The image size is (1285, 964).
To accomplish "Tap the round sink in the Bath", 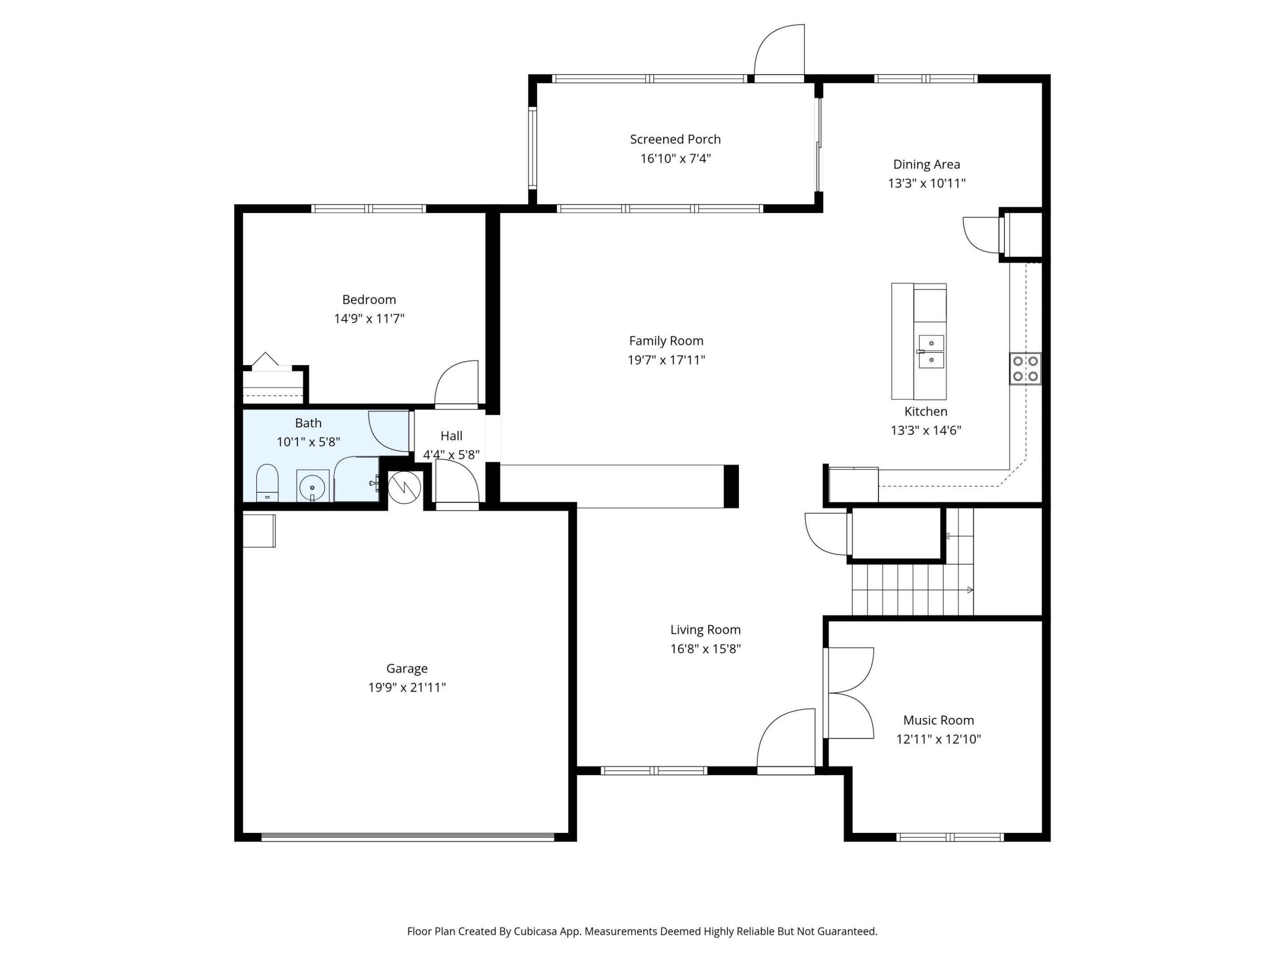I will (x=312, y=486).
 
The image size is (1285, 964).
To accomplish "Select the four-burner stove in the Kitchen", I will (x=1025, y=368).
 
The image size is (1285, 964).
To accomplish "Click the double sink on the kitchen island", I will (x=931, y=352).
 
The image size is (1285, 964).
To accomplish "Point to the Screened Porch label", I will (x=675, y=139).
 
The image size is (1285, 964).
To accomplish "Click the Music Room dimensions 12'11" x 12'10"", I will (x=938, y=739).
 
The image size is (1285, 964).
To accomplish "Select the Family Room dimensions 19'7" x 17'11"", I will (x=666, y=360).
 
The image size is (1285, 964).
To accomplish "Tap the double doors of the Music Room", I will (x=850, y=693).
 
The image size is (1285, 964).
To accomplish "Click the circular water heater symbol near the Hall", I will (x=404, y=487).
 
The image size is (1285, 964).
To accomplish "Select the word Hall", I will (x=452, y=436).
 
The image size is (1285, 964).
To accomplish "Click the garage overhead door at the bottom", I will (x=408, y=837).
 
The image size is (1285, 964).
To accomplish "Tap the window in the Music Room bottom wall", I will (x=950, y=837).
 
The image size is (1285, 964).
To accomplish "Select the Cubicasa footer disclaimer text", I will (x=642, y=931).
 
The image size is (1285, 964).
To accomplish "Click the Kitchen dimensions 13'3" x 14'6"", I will (x=925, y=431).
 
